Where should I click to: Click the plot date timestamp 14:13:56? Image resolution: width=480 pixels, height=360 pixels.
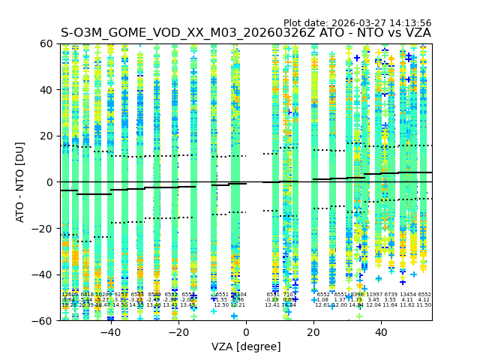click(409, 23)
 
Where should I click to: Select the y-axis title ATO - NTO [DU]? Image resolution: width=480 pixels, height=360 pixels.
click(21, 181)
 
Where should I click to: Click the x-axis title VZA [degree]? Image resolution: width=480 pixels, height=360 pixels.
click(246, 346)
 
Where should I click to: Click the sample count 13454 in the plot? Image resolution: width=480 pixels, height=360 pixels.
click(408, 295)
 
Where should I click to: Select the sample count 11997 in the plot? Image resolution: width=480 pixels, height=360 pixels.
click(373, 295)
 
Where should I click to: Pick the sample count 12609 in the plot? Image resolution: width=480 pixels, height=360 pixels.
click(70, 295)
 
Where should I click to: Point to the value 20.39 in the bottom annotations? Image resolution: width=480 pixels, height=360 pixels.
click(86, 305)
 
